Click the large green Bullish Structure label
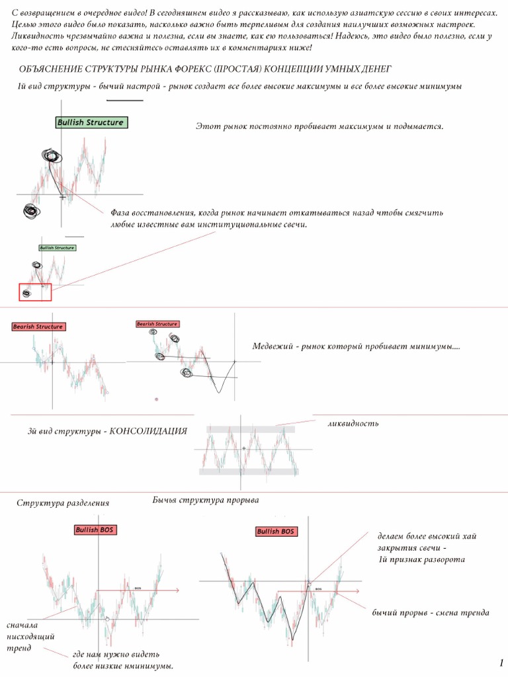tap(90, 122)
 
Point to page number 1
tap(501, 662)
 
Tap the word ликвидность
tap(353, 423)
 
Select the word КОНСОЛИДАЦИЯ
tap(148, 431)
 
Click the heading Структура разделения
tap(63, 503)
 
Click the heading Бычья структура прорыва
tap(206, 500)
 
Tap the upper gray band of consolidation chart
tap(250, 429)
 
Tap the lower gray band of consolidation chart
tap(250, 471)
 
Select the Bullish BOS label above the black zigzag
tap(276, 532)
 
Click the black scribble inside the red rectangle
tap(26, 293)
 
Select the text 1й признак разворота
tap(421, 559)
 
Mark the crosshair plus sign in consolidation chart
tap(244, 448)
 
